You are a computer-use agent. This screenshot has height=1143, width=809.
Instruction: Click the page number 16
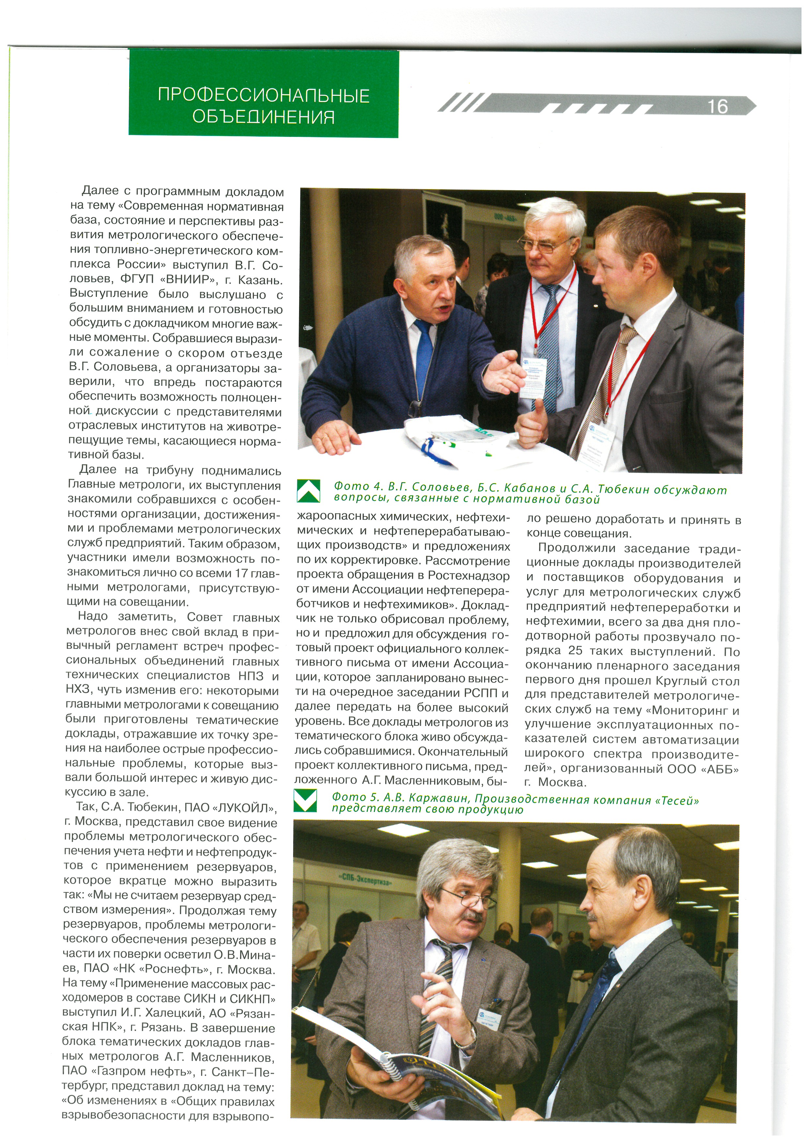717,107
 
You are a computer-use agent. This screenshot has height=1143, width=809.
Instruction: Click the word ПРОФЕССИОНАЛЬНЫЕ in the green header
264,95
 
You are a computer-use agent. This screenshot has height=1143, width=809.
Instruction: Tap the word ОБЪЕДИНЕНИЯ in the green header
264,117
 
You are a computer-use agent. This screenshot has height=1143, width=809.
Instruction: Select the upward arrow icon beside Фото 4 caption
308,491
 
